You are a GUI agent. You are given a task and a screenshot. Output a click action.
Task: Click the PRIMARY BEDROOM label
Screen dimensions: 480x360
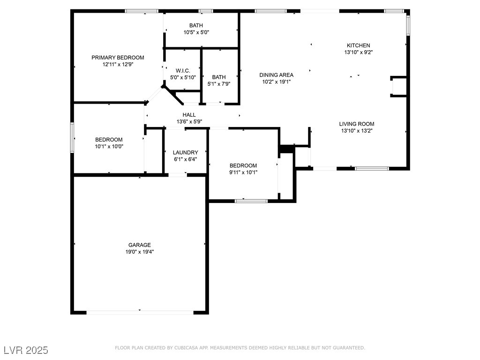pos(118,58)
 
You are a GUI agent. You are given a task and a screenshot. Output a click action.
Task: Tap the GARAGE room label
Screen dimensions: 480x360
pos(140,245)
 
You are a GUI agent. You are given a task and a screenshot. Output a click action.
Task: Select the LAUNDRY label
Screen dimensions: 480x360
pos(186,152)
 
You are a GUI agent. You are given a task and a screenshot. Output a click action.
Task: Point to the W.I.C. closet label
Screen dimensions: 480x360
pos(183,71)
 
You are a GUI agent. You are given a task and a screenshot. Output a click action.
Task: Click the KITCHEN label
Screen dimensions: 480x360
pos(359,45)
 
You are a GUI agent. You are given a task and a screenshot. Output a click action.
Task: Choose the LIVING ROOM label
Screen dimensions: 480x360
pos(357,124)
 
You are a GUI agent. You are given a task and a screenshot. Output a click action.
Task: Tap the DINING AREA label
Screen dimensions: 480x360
pos(277,75)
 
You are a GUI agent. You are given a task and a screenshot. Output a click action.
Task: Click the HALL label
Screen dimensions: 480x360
pos(189,115)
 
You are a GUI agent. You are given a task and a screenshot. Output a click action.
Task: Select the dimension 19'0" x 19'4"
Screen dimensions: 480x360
pos(140,252)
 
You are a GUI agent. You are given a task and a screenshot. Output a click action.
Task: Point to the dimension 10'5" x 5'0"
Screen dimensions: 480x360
pos(196,32)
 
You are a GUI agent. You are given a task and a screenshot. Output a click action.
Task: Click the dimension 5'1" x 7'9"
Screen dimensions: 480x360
pos(219,84)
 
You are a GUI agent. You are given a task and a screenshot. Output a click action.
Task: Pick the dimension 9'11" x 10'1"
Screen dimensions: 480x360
pos(243,172)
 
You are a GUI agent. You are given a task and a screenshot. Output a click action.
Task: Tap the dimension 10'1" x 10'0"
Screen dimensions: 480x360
pos(109,146)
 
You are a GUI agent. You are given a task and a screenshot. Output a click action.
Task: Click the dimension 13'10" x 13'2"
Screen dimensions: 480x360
pos(357,131)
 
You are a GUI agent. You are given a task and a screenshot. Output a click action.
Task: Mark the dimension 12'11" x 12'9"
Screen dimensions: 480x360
pos(118,64)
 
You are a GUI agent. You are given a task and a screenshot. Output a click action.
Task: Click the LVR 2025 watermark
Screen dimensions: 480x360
pos(26,350)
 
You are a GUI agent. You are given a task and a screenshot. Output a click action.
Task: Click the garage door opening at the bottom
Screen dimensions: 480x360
pos(140,313)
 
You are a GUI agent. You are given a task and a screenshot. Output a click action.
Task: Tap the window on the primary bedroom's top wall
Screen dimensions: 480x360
pos(142,11)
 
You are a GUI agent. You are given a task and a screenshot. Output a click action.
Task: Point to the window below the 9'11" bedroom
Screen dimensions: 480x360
pos(251,201)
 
